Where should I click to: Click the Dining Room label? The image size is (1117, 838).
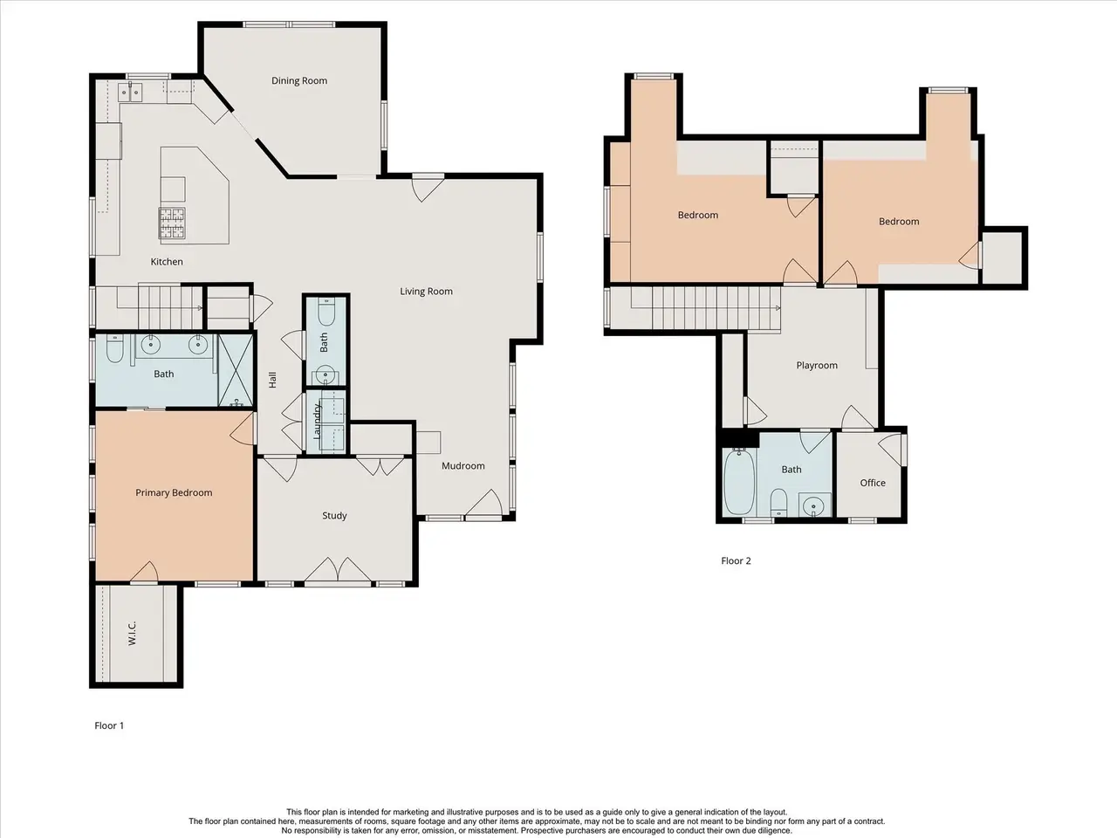299,81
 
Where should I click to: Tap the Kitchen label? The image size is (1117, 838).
167,262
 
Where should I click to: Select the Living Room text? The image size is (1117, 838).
426,292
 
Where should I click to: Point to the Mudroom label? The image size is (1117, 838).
463,465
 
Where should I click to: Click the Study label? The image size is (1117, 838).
334,516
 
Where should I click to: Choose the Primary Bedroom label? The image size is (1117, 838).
174,492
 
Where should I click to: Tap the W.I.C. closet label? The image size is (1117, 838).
133,634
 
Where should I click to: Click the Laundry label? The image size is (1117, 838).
317,421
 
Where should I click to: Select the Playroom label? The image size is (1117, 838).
817,366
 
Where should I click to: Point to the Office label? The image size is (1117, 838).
873,483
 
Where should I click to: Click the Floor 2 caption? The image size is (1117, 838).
736,560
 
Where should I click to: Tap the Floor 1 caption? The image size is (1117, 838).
109,725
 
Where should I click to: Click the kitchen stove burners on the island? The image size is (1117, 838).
172,223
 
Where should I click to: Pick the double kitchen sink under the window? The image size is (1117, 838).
130,93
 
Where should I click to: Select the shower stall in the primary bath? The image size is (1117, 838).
236,370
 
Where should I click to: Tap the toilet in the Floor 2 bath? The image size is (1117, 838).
778,502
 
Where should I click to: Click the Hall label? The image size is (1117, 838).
272,380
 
